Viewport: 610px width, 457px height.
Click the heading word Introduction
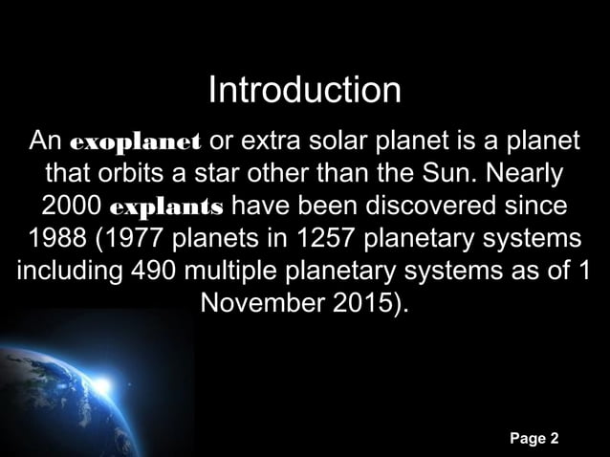304,91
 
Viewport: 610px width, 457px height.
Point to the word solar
351,143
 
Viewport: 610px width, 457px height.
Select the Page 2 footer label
534,439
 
